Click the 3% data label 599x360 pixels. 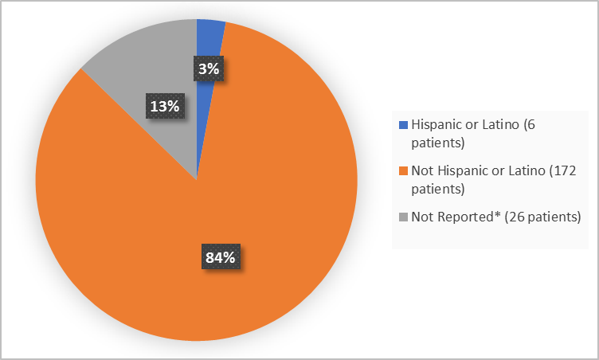(x=209, y=69)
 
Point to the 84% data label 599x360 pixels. (x=220, y=257)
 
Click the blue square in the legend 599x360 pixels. (x=403, y=125)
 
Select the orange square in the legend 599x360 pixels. (x=403, y=171)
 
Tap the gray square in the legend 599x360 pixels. (x=403, y=217)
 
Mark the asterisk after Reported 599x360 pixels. (x=488, y=215)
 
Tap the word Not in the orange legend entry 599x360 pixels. (x=421, y=170)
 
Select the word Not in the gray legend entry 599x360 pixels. (x=421, y=217)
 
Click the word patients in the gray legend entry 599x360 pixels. (x=547, y=217)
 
